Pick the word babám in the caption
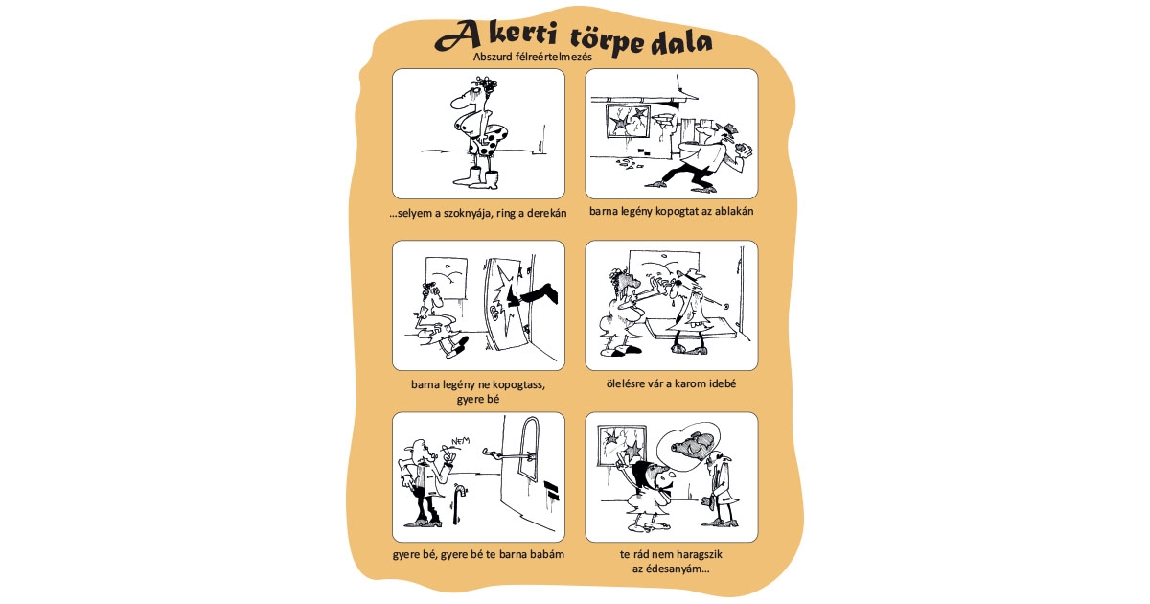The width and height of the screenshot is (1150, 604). click(x=543, y=556)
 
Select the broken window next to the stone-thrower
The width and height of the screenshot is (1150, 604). click(x=629, y=125)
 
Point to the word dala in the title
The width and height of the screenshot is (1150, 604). click(x=680, y=43)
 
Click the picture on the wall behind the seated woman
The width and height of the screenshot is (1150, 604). click(x=442, y=272)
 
